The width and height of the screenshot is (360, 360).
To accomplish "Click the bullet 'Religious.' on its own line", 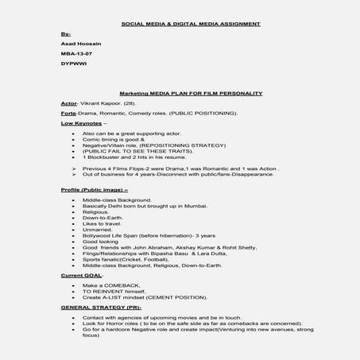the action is point(95,212).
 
